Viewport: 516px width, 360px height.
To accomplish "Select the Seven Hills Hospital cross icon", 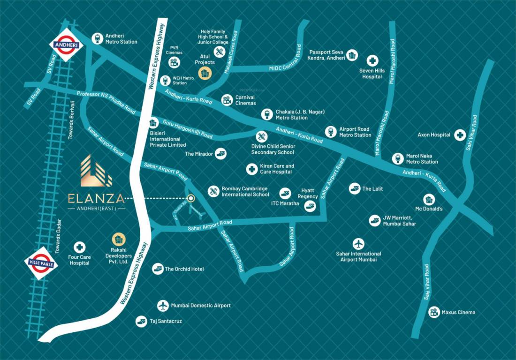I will point(372,60).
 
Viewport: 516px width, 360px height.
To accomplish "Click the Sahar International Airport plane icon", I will point(358,244).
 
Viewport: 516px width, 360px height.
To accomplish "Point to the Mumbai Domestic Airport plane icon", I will point(162,306).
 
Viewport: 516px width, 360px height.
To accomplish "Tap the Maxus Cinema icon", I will point(434,312).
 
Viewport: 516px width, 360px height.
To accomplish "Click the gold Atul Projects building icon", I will point(205,73).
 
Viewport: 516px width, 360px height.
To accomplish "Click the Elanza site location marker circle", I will point(191,198).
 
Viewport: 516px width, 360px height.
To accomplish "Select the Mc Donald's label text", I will point(429,209).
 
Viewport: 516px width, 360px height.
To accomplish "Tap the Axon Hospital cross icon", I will point(458,135).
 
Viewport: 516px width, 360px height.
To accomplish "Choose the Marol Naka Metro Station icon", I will point(398,158).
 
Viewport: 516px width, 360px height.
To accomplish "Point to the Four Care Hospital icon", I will point(80,247).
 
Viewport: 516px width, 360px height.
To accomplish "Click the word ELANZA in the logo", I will point(96,198).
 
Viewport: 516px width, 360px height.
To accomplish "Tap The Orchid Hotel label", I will point(184,269).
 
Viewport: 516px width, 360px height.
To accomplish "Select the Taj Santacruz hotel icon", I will point(141,321).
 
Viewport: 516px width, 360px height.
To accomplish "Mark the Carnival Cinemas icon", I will point(227,99).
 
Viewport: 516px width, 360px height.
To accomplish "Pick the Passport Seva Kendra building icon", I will point(353,55).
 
